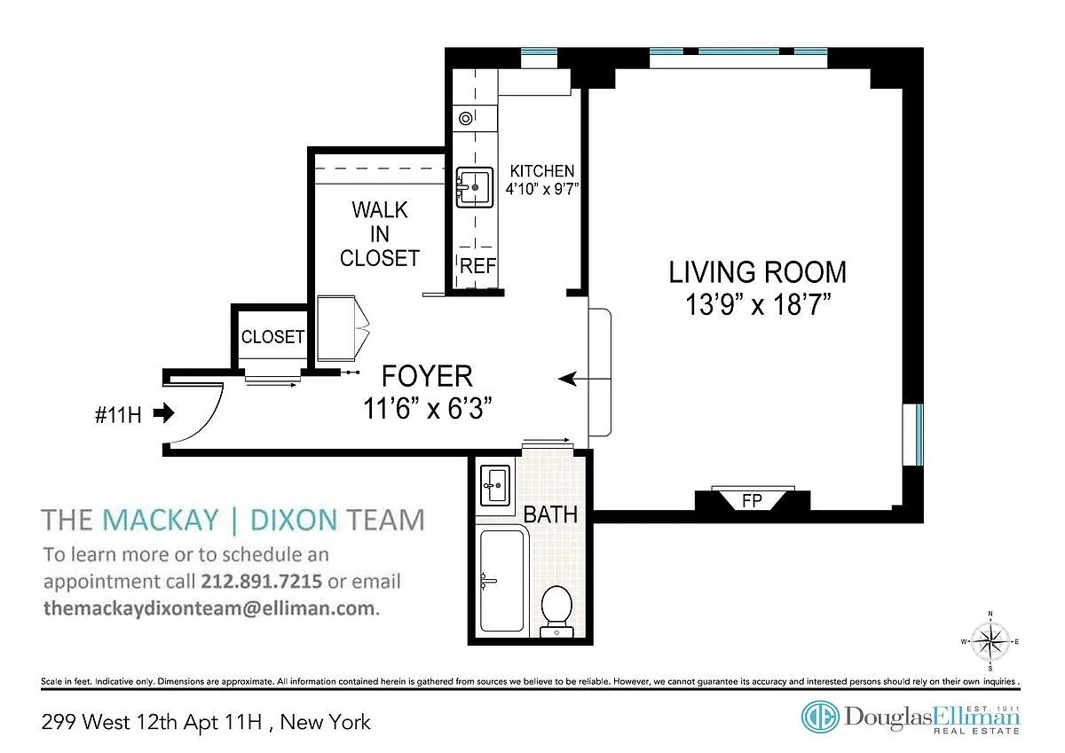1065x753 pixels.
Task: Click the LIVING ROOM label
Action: click(x=758, y=272)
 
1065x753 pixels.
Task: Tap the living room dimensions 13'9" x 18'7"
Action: click(x=758, y=304)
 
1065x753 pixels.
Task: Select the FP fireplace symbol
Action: click(x=753, y=500)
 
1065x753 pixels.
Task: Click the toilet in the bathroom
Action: click(x=556, y=611)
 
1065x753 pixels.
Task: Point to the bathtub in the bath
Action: click(x=502, y=581)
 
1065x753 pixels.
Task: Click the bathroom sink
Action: click(x=495, y=485)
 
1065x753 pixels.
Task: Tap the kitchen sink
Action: click(x=474, y=187)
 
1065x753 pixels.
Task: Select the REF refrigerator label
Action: click(x=477, y=266)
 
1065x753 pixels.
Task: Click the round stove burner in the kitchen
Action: click(x=465, y=118)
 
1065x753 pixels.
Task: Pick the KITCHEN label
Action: click(x=542, y=171)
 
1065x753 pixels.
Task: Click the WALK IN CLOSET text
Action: click(x=380, y=234)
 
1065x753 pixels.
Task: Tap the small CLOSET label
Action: click(x=273, y=337)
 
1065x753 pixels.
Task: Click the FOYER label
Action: click(x=427, y=376)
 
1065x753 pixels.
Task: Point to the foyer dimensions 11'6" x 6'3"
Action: click(x=428, y=408)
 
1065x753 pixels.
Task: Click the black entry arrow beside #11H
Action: click(x=164, y=412)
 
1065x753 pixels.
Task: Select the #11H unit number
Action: click(x=118, y=415)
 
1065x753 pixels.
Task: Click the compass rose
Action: click(x=990, y=641)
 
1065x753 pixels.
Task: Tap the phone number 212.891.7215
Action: click(x=261, y=581)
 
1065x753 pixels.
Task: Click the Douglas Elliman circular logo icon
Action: click(x=820, y=717)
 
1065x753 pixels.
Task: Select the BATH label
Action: click(x=550, y=515)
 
